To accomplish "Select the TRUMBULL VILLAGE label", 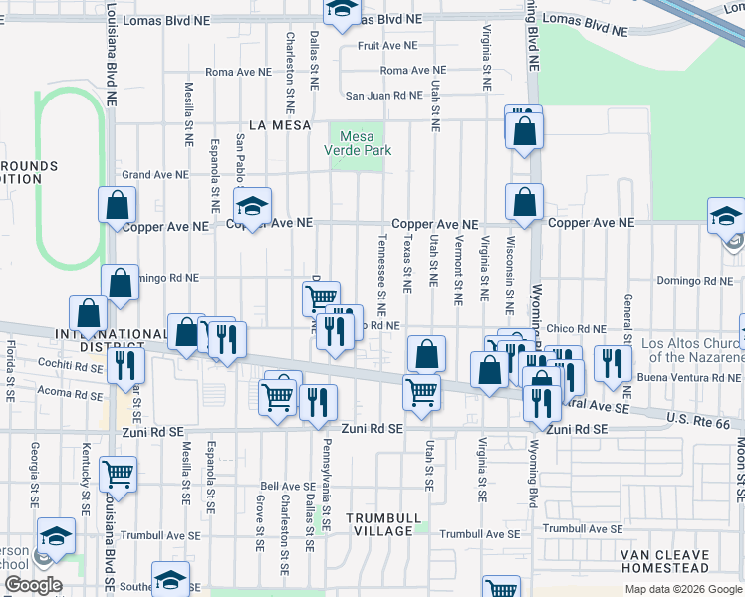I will pos(378,524).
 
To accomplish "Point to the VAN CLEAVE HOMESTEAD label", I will pos(664,561).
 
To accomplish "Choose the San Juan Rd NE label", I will pos(383,96).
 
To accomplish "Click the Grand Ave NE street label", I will pos(154,175).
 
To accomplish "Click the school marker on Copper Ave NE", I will pos(252,207).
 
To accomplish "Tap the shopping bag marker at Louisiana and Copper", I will pos(118,205).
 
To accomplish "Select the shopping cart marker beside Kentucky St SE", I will pos(118,474).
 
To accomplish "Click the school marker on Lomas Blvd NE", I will pos(342,9).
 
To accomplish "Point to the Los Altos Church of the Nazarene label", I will pos(693,350).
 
